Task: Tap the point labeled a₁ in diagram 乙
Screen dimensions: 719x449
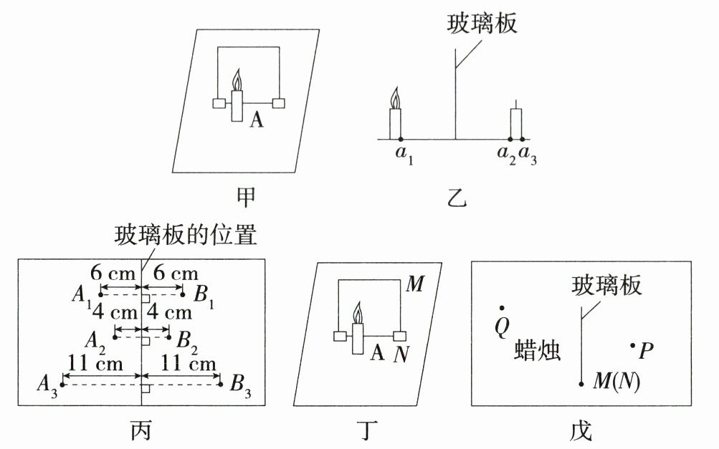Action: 400,139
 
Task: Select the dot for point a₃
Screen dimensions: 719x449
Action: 523,139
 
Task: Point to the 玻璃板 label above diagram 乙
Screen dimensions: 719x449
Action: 482,23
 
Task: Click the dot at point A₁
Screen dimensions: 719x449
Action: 101,294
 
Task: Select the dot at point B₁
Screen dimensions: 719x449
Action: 183,294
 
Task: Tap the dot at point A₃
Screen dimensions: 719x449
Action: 62,384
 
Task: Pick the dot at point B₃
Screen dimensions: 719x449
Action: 221,384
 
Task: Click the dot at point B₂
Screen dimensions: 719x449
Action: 169,337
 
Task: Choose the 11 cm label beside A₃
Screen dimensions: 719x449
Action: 95,364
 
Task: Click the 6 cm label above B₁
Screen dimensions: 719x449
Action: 176,274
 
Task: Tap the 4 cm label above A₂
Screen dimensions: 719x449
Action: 115,312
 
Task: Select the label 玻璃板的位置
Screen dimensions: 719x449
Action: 185,235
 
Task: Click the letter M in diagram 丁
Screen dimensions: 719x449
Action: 416,284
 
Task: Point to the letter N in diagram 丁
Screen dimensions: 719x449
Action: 401,354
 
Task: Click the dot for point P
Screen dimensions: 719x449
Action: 633,345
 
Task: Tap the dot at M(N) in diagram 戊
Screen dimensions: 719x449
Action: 581,384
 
